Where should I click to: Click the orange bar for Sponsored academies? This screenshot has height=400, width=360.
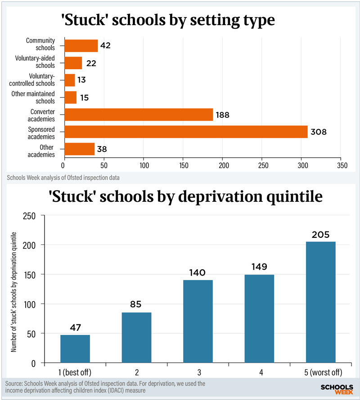186,132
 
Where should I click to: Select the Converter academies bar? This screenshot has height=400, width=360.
139,115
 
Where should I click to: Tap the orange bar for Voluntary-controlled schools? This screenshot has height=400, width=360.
70,80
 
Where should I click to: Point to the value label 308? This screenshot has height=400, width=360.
318,132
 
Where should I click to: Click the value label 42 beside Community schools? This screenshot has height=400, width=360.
105,45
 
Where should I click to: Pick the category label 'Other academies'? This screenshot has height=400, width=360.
41,151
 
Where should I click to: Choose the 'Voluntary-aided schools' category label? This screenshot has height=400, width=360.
35,62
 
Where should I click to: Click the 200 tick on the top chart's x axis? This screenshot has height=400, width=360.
224,165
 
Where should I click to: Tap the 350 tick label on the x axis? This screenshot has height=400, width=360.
342,165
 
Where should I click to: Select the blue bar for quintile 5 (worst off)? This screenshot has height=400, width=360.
321,302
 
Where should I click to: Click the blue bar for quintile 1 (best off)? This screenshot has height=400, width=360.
75,349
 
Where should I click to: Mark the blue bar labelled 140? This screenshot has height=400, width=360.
198,321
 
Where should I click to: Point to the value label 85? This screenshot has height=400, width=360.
135,304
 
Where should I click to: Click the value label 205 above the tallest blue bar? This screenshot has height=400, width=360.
321,235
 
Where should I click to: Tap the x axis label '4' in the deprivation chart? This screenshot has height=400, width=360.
261,373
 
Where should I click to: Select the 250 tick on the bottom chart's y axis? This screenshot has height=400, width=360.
29,216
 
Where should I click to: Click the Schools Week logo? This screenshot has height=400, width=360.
337,389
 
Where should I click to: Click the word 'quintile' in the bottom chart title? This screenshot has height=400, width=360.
294,197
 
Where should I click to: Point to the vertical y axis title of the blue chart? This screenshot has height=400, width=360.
13,292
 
